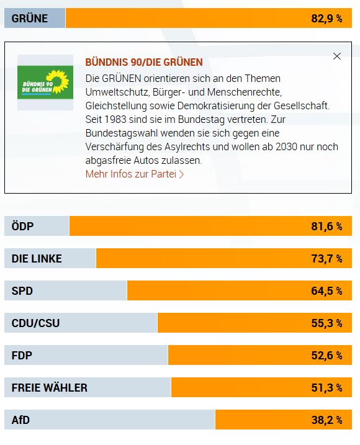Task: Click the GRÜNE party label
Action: click(30, 19)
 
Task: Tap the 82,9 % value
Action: click(326, 19)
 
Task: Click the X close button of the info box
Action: click(337, 56)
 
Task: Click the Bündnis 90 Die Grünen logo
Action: click(44, 83)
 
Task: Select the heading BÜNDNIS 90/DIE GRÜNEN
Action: click(144, 62)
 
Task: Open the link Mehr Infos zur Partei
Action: click(135, 174)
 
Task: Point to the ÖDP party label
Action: click(22, 227)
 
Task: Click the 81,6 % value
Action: click(326, 227)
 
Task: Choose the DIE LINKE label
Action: click(37, 259)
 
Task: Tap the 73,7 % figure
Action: click(326, 259)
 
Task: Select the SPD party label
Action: click(22, 291)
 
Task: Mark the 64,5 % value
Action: click(326, 291)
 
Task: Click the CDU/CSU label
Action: click(36, 323)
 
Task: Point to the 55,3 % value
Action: click(326, 323)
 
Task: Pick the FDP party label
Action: click(22, 356)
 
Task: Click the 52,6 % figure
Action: click(326, 356)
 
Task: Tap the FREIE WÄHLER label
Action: click(50, 388)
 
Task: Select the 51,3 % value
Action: click(326, 388)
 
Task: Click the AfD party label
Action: click(20, 420)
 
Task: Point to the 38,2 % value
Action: click(326, 420)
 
